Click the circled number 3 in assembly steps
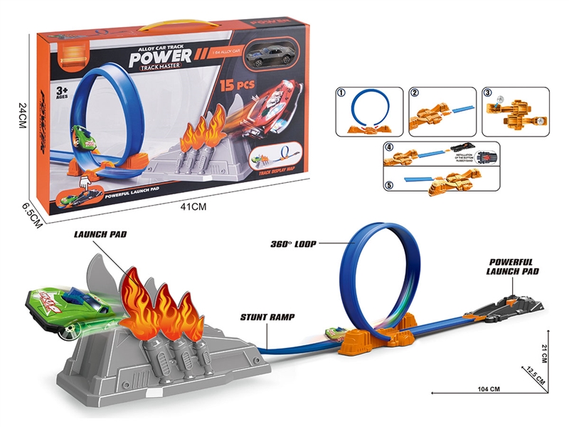[487, 93]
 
